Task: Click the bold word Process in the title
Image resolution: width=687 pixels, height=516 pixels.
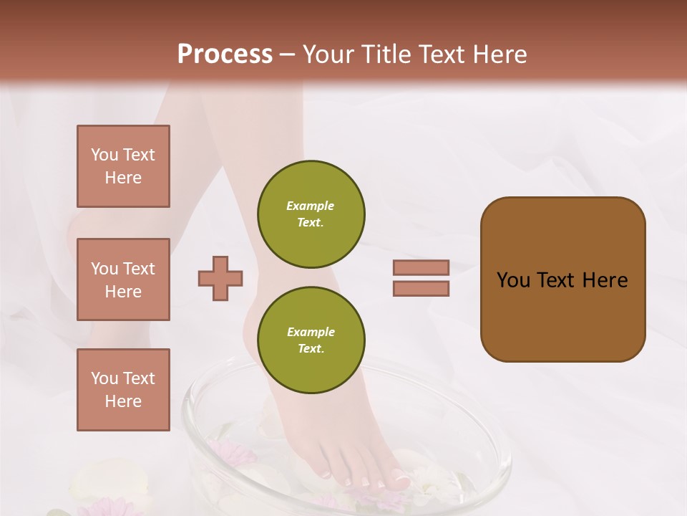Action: pos(225,54)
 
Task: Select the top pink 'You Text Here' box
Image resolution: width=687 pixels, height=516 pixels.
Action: pos(123,166)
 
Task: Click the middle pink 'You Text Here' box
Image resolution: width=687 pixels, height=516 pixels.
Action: pos(123,279)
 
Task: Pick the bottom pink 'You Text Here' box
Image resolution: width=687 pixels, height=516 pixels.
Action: pos(123,390)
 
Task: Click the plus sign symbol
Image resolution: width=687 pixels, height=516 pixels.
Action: pos(220,278)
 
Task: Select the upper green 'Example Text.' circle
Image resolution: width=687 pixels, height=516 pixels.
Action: pos(311,214)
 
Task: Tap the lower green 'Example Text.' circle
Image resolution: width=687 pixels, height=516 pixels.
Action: pos(311,340)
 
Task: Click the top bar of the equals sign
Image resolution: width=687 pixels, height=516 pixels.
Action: pos(421,267)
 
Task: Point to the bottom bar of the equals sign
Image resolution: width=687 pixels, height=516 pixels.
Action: pos(421,289)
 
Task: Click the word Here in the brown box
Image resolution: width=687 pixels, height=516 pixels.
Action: pos(605,280)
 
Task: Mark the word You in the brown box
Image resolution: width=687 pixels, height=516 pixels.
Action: pos(513,280)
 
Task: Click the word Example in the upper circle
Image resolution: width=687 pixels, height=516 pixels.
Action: pos(311,206)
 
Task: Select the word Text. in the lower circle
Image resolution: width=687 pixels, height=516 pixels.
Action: pos(311,348)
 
